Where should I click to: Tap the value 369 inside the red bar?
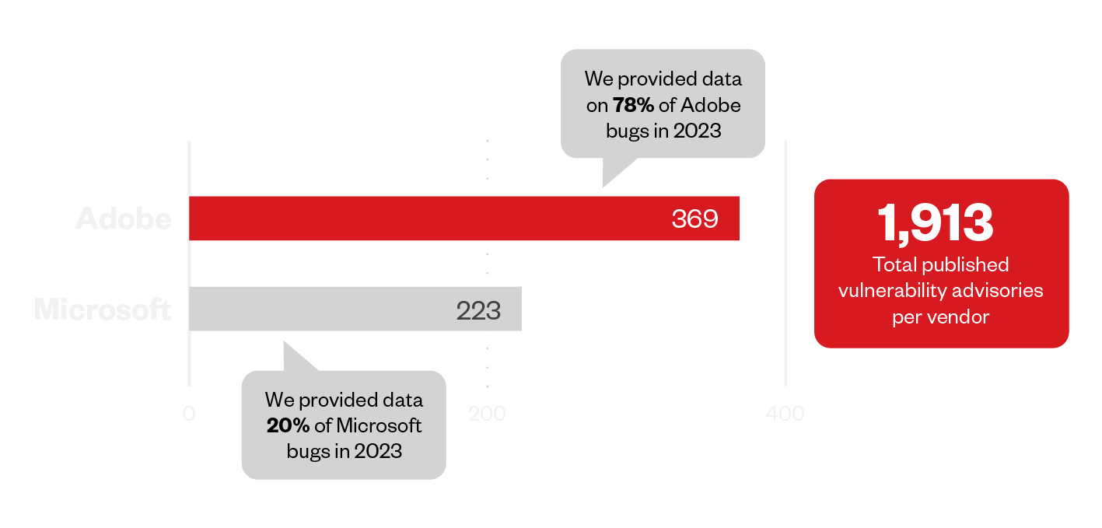tap(694, 219)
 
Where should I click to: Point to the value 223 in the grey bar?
tap(478, 310)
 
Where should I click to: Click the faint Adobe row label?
tap(124, 219)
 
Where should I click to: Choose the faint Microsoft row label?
tap(103, 309)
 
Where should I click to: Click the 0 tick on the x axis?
tap(189, 414)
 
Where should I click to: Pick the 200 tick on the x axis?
tap(488, 414)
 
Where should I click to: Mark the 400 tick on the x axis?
tap(785, 414)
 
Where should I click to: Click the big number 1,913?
tap(936, 222)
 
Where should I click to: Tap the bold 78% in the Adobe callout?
tap(633, 105)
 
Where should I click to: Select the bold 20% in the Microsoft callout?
tap(288, 425)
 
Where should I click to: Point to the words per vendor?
tap(941, 316)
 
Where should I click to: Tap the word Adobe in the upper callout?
tap(713, 105)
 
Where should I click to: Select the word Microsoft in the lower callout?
tap(380, 425)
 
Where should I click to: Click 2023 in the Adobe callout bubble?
tap(697, 131)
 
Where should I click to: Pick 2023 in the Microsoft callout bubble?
tap(378, 450)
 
